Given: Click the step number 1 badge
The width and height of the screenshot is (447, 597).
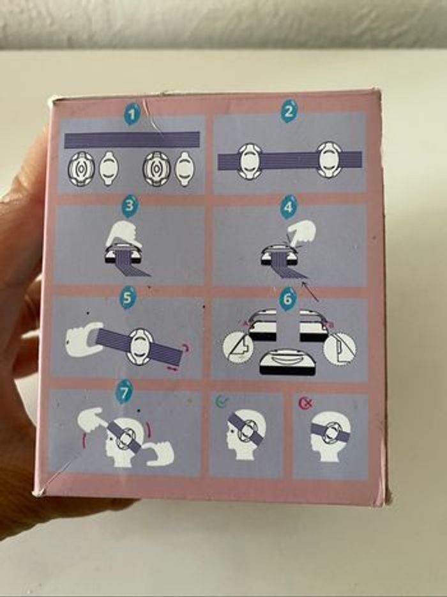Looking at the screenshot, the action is coord(132,114).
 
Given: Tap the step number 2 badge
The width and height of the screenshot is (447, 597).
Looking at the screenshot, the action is coord(289,112).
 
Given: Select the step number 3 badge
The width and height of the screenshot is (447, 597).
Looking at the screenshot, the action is coord(130,206).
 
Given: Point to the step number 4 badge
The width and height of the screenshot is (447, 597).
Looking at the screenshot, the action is coord(289,208).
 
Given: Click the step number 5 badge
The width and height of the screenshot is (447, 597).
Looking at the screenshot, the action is coord(128,298).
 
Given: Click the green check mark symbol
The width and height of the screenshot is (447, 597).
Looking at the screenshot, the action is coord(221,401).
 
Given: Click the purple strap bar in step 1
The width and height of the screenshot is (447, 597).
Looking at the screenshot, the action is coord(132,140).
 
